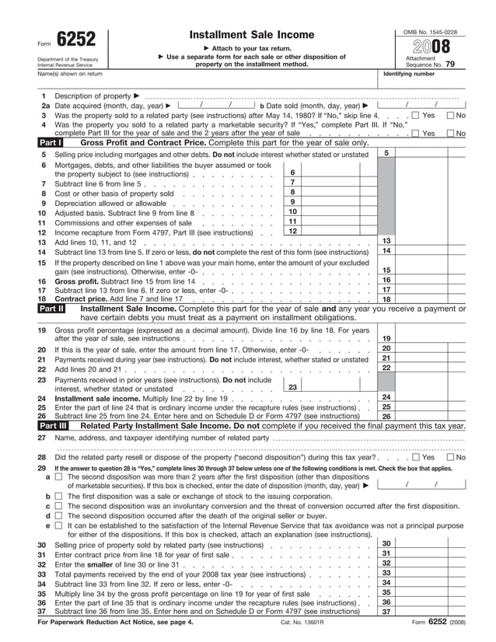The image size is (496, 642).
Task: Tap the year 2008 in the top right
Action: (430, 47)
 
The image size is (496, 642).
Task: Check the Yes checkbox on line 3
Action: (415, 115)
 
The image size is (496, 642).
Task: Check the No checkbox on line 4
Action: (450, 134)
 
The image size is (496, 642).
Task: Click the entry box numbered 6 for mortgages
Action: (292, 173)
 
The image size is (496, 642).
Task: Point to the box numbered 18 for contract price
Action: (386, 298)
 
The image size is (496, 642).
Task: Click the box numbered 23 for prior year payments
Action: (292, 386)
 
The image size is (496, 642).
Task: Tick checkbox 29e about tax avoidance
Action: (59, 525)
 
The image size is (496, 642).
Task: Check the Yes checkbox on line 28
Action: (415, 458)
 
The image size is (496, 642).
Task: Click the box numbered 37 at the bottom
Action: (386, 612)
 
